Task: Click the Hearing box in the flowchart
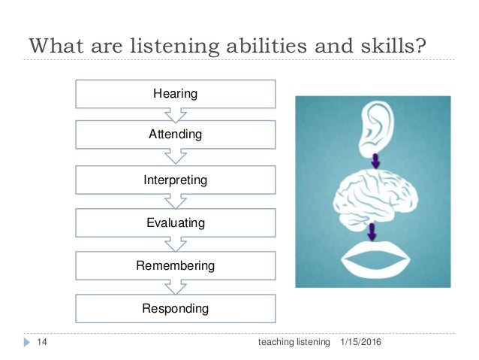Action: click(175, 94)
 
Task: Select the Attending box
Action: click(175, 136)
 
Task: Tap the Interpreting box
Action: click(175, 180)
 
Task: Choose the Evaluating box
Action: click(175, 222)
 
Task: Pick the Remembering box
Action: click(175, 265)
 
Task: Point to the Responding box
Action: click(175, 308)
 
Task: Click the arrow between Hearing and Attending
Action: click(175, 115)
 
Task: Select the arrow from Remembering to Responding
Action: click(175, 286)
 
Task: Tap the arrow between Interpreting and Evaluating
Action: click(175, 201)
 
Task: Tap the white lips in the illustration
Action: click(375, 259)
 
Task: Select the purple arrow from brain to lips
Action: click(373, 229)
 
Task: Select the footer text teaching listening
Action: click(294, 342)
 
